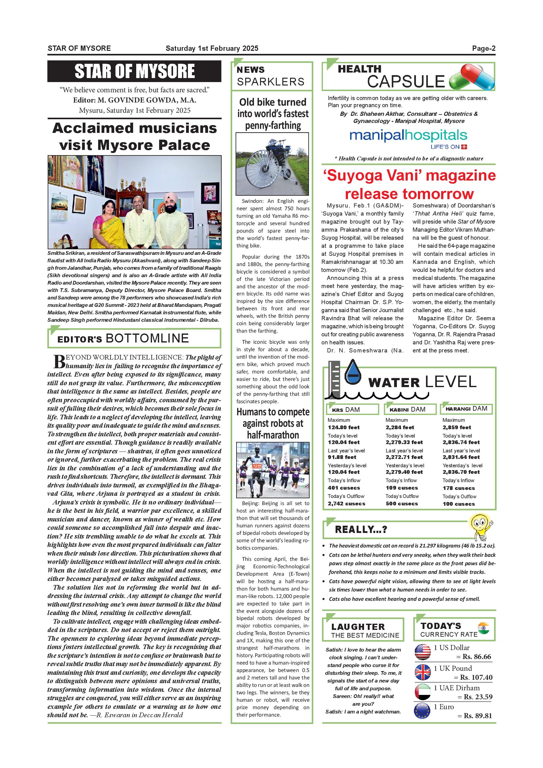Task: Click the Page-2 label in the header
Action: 484,49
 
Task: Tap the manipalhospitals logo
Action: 408,136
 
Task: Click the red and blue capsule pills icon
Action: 472,77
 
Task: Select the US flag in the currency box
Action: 423,652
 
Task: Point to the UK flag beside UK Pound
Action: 423,672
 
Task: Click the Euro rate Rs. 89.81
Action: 477,715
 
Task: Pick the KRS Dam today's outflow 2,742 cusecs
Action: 346,504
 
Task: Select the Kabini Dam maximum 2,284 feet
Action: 400,427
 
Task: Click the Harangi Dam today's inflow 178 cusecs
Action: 458,488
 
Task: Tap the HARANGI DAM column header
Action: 467,409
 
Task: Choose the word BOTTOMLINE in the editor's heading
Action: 147,338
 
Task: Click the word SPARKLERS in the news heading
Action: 271,82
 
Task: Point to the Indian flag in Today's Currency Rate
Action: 484,627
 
